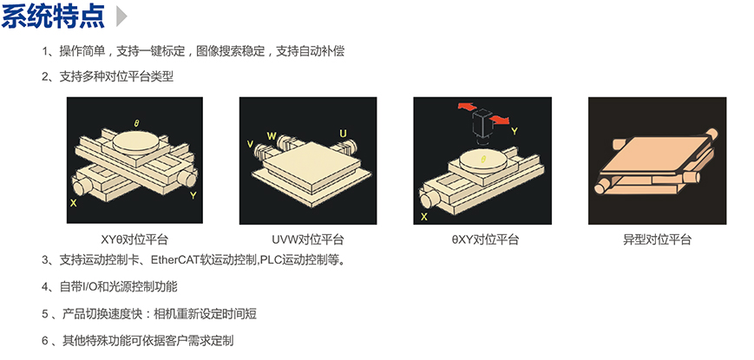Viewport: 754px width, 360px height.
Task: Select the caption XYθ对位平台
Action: pos(134,239)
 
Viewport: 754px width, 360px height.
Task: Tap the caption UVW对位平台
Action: pos(308,239)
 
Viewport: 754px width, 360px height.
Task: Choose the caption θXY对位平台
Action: pos(481,239)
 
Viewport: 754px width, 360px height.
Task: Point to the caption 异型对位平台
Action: pos(657,239)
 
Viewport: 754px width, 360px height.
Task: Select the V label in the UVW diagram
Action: pos(250,143)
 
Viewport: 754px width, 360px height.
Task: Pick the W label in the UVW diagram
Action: pos(272,135)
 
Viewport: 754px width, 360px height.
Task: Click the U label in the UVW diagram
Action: pos(343,133)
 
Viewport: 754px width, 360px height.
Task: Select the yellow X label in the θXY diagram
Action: pos(423,217)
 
